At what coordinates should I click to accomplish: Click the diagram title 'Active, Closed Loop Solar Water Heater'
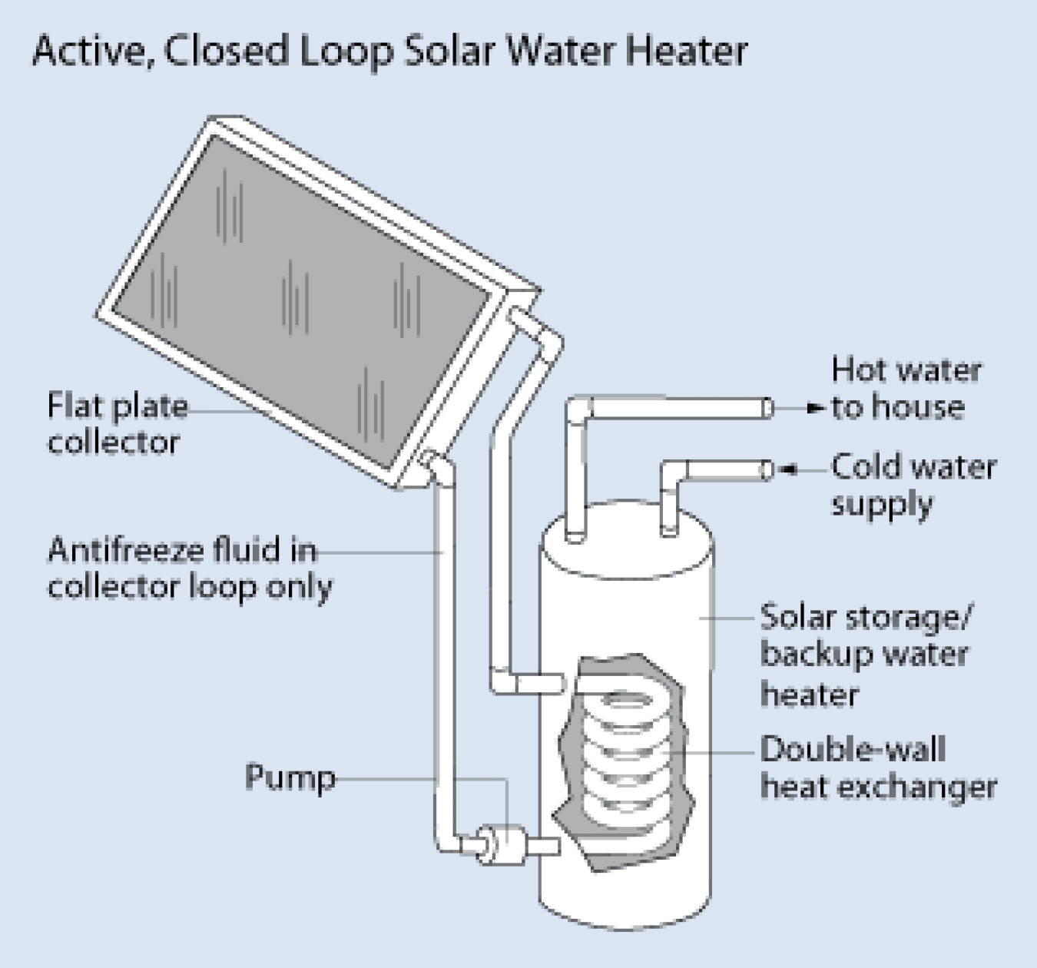(x=389, y=51)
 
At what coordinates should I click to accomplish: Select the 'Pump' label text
(x=290, y=777)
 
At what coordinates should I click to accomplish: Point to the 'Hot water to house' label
(x=906, y=389)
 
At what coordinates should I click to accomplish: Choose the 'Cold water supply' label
(x=912, y=485)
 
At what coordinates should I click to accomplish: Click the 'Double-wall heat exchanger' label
(x=877, y=767)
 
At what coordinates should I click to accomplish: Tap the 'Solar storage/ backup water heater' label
(x=865, y=655)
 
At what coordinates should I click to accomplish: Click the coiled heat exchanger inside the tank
(x=628, y=753)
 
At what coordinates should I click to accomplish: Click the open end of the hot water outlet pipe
(x=767, y=408)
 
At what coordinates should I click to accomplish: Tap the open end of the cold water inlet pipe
(x=766, y=469)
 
